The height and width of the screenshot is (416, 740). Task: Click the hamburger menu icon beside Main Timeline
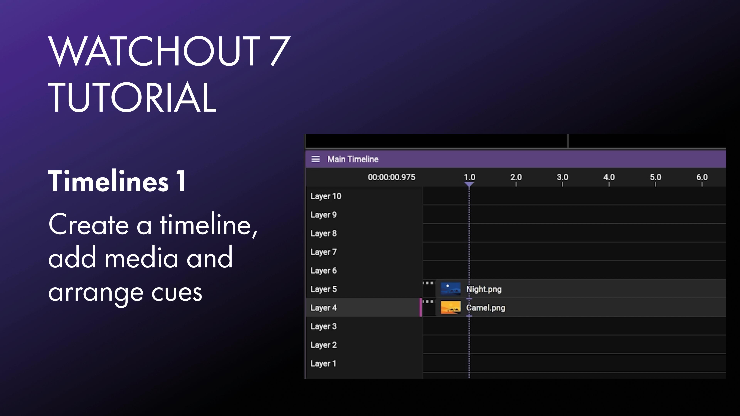pyautogui.click(x=315, y=159)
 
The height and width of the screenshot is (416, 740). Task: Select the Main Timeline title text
pyautogui.click(x=353, y=159)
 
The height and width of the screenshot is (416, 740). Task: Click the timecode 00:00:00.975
pyautogui.click(x=392, y=177)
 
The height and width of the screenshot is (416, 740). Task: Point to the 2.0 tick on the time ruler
pyautogui.click(x=516, y=177)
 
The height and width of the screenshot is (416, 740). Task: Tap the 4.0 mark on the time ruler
pyautogui.click(x=609, y=177)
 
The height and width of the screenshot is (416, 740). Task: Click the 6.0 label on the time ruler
pyautogui.click(x=702, y=177)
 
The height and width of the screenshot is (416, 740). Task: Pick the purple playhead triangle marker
pyautogui.click(x=469, y=184)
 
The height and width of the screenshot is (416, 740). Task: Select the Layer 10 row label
pyautogui.click(x=326, y=196)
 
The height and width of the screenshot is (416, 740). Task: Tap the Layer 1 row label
pyautogui.click(x=323, y=363)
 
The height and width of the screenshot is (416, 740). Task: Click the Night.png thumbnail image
pyautogui.click(x=450, y=289)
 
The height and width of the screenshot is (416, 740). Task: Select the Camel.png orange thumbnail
pyautogui.click(x=450, y=308)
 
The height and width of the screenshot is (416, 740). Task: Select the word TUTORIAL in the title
pyautogui.click(x=132, y=97)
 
